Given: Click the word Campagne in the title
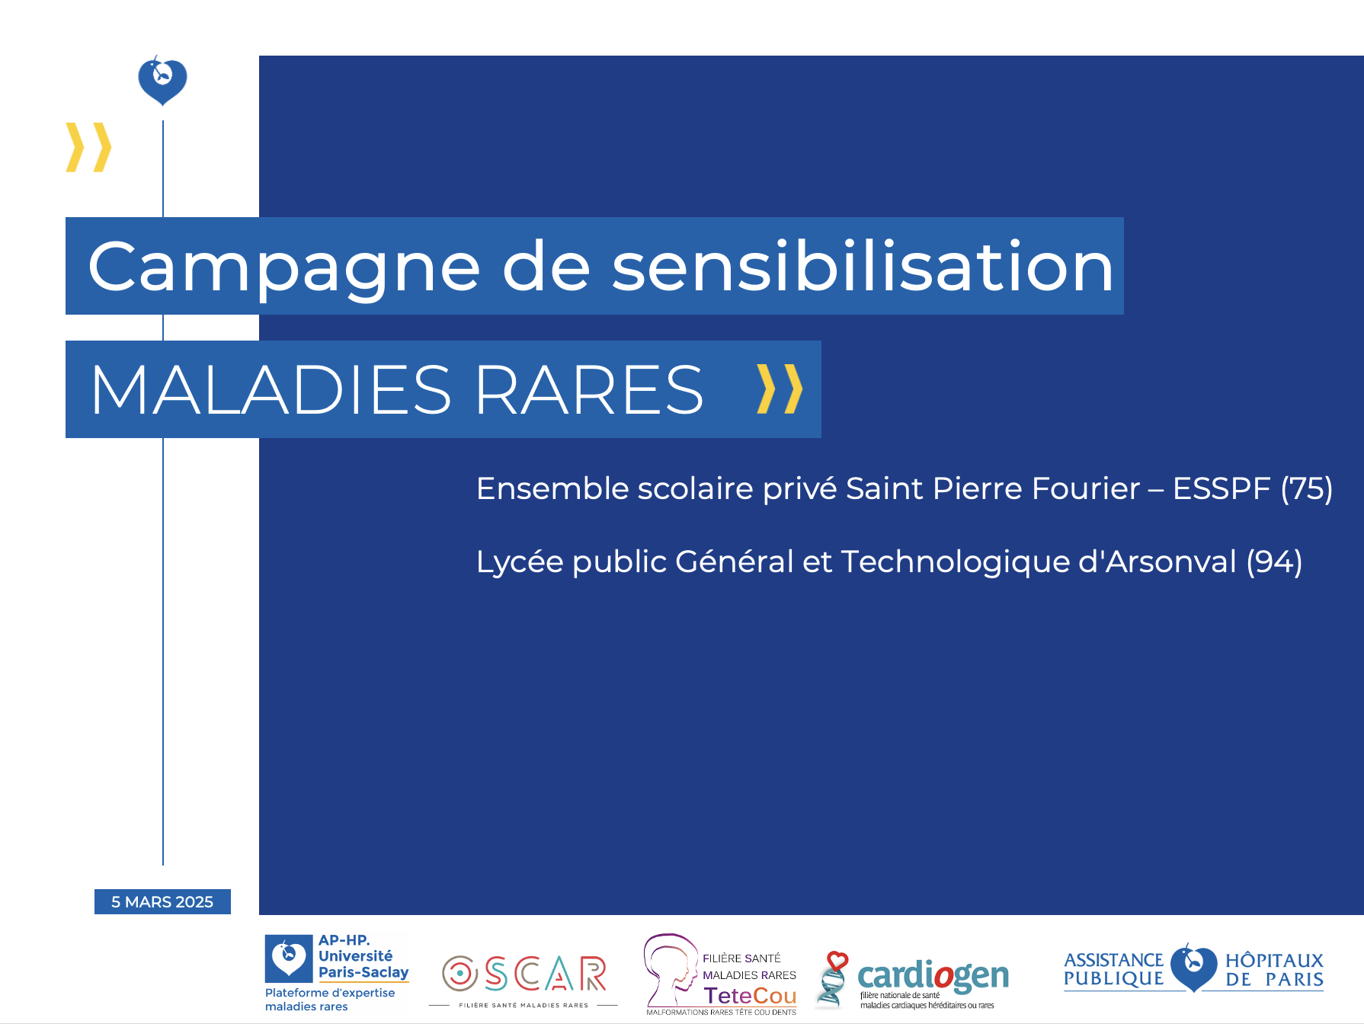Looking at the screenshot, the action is point(283,267).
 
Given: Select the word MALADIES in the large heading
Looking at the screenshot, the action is point(271,389).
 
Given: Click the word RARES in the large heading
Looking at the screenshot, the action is point(590,389).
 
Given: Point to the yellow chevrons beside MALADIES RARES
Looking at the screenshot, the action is point(780,389).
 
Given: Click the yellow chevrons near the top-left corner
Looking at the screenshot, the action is point(88,147).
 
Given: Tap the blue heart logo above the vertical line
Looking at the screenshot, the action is point(162,80).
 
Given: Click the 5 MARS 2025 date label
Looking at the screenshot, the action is point(162,901).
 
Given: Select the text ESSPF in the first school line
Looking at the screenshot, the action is point(1222,488).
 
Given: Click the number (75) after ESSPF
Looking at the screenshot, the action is point(1307,488).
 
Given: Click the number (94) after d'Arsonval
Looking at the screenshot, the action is point(1274,562).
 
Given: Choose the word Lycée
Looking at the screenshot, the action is point(520,562).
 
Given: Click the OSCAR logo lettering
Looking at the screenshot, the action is point(524,974).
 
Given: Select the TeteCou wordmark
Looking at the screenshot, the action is point(750,995).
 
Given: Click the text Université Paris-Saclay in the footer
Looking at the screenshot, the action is point(363,964).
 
